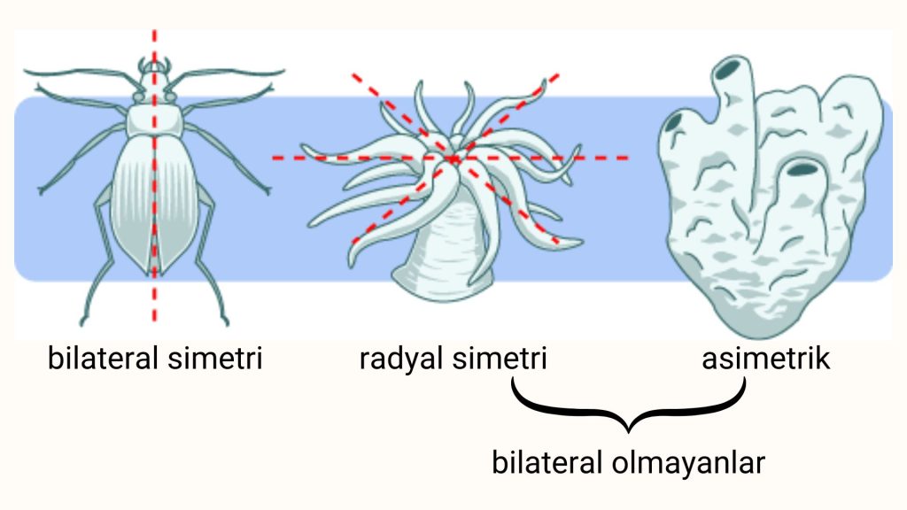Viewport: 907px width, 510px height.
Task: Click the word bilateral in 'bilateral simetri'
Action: [103, 360]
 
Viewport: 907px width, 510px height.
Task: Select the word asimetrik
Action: [766, 360]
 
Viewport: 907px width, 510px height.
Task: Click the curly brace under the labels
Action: [630, 409]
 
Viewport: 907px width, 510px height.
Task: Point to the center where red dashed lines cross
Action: [453, 158]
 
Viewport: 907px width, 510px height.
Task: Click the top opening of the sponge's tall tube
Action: [732, 67]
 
